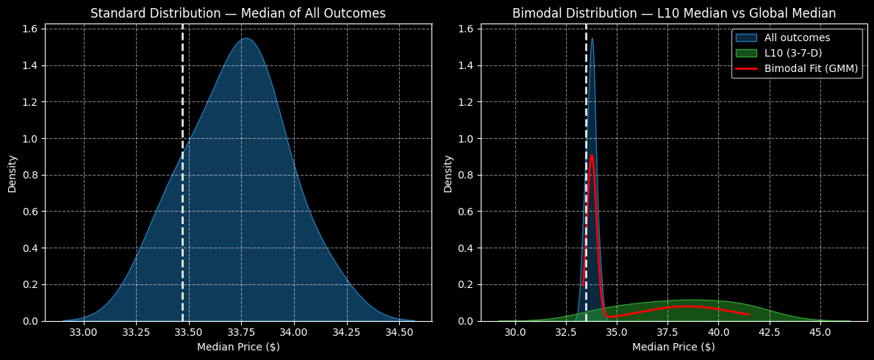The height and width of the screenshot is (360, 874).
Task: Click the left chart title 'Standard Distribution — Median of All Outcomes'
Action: point(237,13)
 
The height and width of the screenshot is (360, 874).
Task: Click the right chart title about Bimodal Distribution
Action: point(673,13)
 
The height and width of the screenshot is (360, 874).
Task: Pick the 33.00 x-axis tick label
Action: point(84,332)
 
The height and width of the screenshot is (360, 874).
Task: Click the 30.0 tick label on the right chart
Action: point(516,332)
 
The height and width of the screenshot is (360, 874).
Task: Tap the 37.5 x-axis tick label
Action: point(668,332)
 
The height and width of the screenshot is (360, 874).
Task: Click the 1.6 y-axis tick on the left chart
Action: point(32,29)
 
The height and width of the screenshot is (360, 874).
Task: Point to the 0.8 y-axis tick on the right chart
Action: point(468,175)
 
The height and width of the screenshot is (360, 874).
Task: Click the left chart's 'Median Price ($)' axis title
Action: point(238,347)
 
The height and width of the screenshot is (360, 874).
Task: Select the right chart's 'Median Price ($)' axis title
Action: point(673,347)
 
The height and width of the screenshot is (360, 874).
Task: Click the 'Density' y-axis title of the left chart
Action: point(12,173)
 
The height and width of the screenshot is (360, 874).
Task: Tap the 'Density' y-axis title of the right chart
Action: point(448,173)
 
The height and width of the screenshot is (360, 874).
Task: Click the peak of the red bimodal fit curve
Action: point(591,155)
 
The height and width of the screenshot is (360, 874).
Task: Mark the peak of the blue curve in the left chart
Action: point(247,39)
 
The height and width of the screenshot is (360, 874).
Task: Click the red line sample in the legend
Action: point(747,68)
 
